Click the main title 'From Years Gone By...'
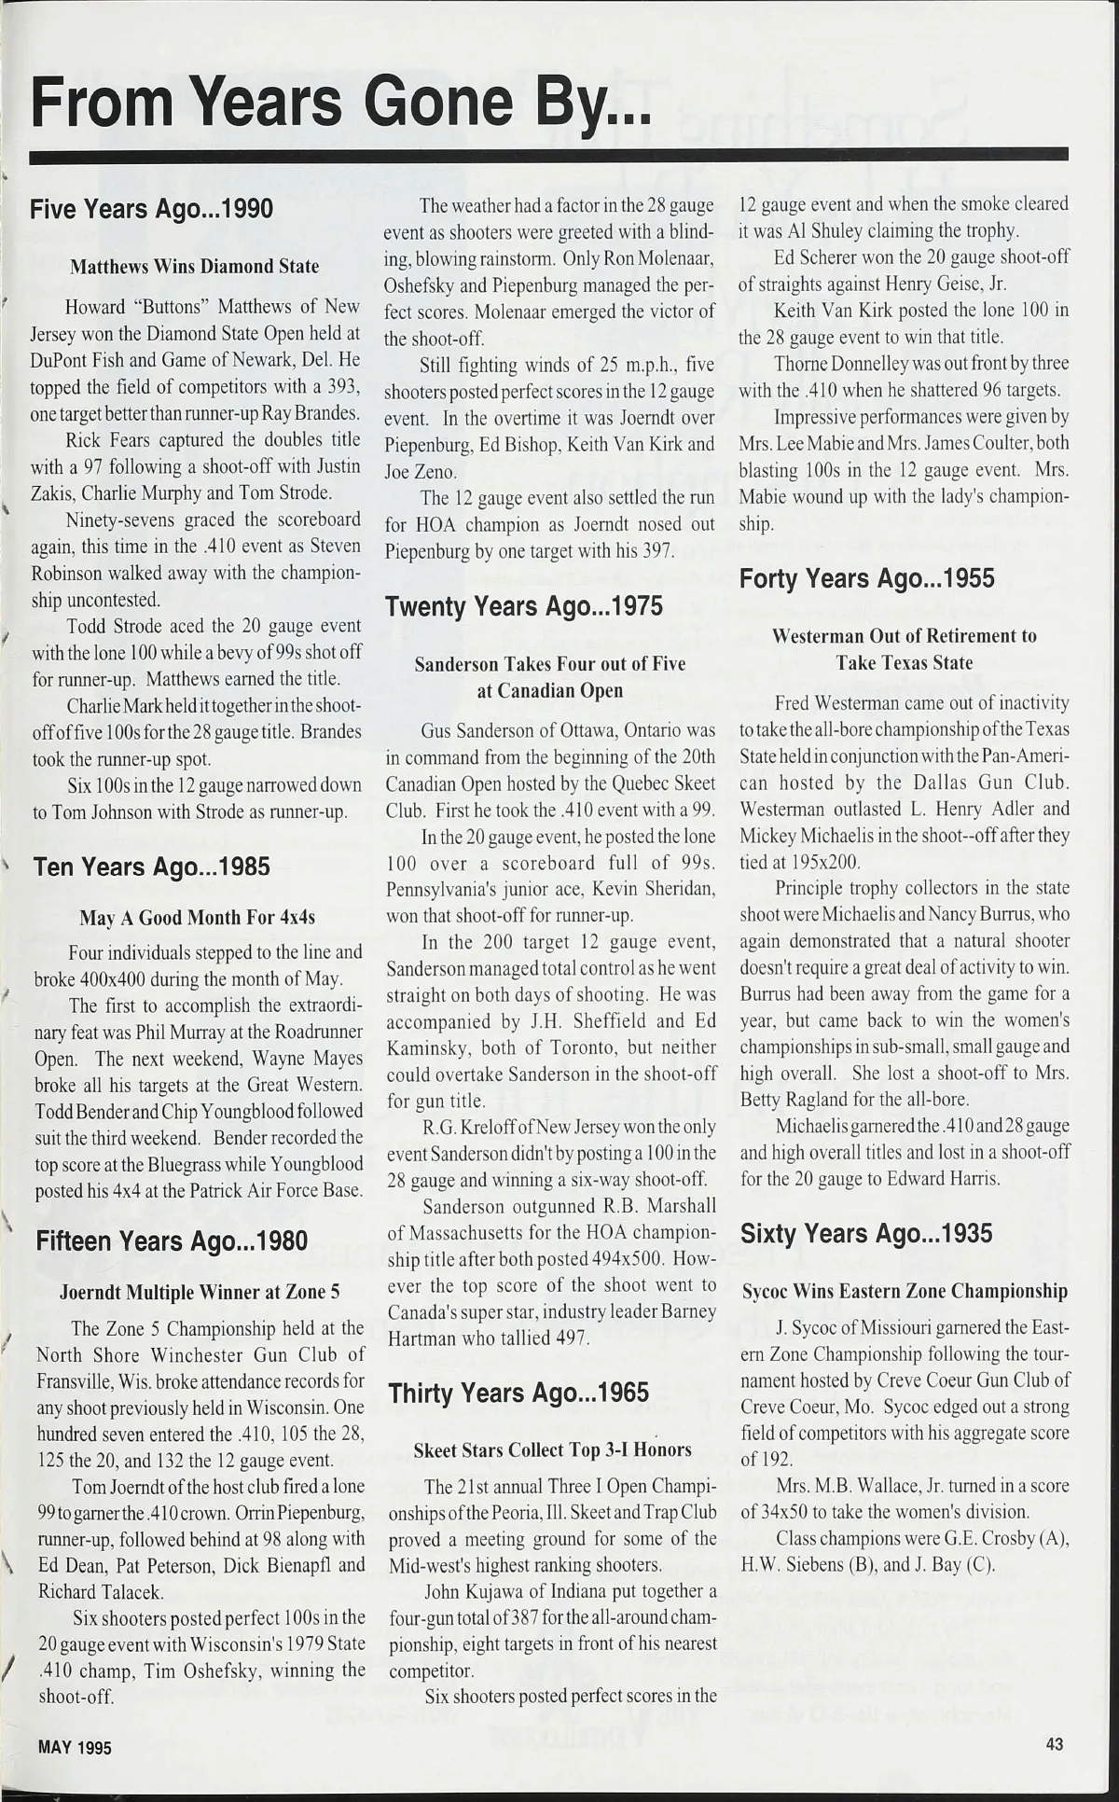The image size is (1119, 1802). (340, 102)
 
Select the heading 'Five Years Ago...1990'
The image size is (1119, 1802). (152, 208)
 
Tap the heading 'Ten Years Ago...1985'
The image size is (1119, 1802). (151, 866)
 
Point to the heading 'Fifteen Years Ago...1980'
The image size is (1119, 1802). (172, 1241)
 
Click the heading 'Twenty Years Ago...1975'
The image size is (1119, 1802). (524, 606)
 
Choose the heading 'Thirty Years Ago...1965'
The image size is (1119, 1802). (518, 1393)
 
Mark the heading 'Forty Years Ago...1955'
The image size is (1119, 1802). (867, 579)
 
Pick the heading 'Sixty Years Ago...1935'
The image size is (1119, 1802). (866, 1234)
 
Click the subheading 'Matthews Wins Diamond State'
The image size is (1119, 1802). (195, 266)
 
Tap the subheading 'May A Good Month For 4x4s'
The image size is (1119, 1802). (198, 918)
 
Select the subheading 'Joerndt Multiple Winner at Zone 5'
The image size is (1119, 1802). (200, 1293)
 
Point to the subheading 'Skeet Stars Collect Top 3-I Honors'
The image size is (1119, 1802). (553, 1449)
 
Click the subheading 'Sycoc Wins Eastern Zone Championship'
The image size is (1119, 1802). (905, 1292)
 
